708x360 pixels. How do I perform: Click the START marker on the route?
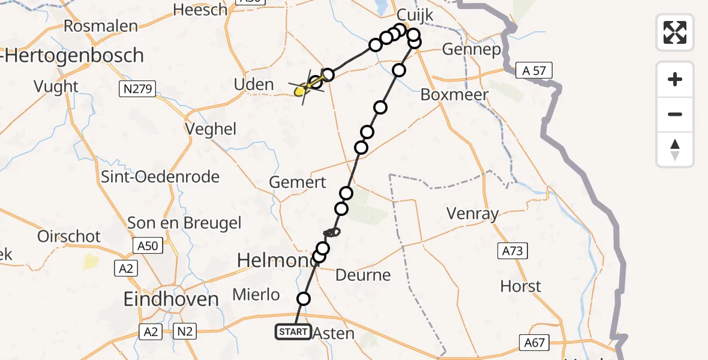(293, 332)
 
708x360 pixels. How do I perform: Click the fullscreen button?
(675, 32)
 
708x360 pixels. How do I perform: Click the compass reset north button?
(675, 149)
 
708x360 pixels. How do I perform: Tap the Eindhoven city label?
(170, 299)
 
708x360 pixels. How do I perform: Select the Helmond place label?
(276, 260)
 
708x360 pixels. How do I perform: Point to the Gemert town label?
(298, 182)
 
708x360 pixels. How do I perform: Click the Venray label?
(473, 214)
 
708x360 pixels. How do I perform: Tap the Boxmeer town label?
(454, 95)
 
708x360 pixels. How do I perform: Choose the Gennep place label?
(471, 49)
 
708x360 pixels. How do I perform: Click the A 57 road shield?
(534, 71)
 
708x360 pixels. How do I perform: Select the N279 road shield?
(138, 89)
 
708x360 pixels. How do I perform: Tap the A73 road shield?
(513, 251)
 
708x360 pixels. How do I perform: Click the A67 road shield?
(533, 342)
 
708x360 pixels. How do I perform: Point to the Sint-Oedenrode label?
(160, 177)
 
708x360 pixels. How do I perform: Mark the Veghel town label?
(211, 129)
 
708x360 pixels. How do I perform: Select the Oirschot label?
(69, 236)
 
